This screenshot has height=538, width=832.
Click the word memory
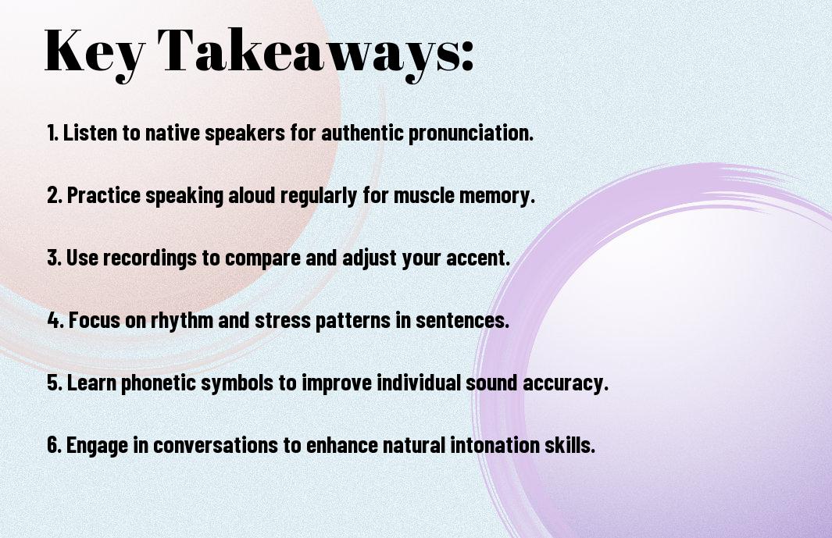coord(499,196)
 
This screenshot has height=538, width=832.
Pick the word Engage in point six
coord(97,446)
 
